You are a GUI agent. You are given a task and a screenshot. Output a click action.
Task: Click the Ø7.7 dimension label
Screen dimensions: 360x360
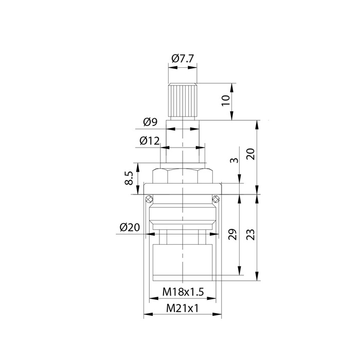click(x=183, y=59)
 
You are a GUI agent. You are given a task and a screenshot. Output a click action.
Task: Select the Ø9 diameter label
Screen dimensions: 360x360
click(x=150, y=122)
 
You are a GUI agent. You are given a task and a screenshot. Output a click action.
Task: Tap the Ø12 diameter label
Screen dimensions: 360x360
click(x=150, y=140)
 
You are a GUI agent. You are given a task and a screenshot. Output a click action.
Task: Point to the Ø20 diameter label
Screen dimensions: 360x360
click(x=130, y=227)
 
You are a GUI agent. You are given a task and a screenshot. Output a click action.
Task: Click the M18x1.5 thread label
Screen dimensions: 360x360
click(x=183, y=292)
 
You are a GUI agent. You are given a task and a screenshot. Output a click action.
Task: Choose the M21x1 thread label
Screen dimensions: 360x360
click(x=182, y=309)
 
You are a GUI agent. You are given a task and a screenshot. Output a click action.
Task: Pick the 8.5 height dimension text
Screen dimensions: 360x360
click(x=129, y=178)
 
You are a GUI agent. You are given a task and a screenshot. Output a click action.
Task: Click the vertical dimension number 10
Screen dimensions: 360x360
click(x=226, y=100)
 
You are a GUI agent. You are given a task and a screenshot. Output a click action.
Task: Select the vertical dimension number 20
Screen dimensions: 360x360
click(x=251, y=154)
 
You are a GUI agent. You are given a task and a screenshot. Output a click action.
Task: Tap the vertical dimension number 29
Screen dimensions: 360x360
click(x=232, y=234)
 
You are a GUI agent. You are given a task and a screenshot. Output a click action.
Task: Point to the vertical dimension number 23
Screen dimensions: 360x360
click(x=251, y=235)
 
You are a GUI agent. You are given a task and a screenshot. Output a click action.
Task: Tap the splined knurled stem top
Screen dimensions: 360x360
click(x=183, y=100)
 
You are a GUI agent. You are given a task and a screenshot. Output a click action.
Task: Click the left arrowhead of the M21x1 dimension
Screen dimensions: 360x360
click(x=148, y=314)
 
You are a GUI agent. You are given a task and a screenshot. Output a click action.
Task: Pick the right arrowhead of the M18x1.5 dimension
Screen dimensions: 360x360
click(x=211, y=298)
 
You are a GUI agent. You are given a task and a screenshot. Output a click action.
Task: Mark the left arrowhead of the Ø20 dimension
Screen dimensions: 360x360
click(x=150, y=234)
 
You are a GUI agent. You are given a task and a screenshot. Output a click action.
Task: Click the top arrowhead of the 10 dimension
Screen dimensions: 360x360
click(x=232, y=87)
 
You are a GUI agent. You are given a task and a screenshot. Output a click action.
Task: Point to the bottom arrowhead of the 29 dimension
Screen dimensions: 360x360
click(x=240, y=270)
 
